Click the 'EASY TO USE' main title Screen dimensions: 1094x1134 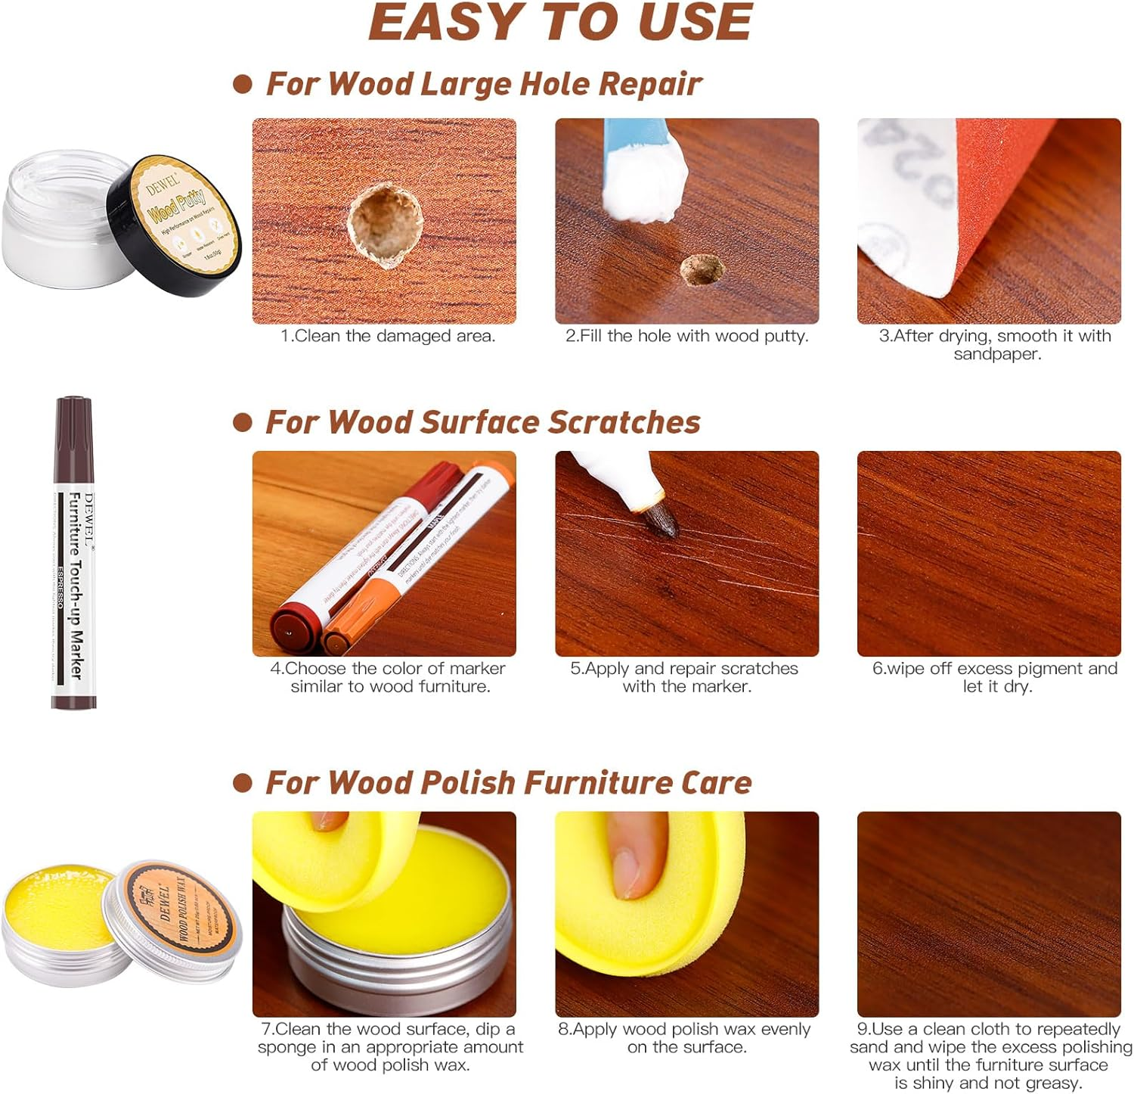(560, 23)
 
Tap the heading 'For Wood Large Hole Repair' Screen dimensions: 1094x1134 (484, 84)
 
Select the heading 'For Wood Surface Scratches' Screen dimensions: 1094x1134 (482, 422)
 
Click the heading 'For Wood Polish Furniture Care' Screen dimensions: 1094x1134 (508, 782)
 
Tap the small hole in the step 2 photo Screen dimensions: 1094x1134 (701, 270)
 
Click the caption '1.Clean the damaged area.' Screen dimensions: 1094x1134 (388, 336)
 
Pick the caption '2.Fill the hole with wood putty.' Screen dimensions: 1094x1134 (686, 336)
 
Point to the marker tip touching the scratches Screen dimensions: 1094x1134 (662, 522)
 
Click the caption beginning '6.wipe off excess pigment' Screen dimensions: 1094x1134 (994, 677)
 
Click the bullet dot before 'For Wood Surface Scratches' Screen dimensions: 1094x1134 (242, 422)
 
